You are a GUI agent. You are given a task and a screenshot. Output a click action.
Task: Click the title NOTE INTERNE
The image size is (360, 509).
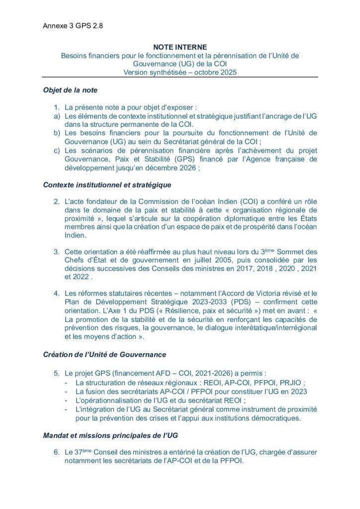(180, 47)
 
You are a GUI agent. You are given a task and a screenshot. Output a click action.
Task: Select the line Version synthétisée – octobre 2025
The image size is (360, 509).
(180, 72)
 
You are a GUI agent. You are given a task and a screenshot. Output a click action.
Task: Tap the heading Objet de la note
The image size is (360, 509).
(70, 90)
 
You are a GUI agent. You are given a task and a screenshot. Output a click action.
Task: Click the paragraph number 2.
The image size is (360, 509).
(57, 201)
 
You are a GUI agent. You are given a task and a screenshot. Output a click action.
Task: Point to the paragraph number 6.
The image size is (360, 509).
(57, 452)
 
